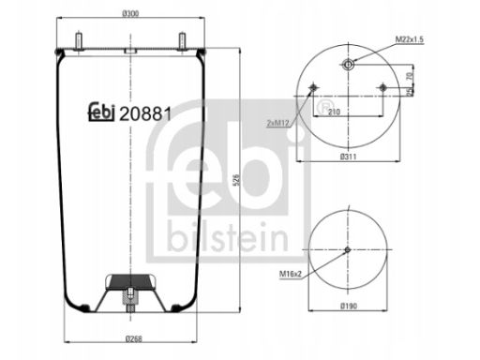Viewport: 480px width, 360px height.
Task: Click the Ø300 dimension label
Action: [130, 13]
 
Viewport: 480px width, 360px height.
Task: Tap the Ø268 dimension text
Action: [133, 338]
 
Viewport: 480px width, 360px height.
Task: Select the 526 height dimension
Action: [237, 180]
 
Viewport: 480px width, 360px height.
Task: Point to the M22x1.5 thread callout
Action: [410, 39]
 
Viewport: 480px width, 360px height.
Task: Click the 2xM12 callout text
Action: [278, 123]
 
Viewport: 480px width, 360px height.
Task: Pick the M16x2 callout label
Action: [291, 274]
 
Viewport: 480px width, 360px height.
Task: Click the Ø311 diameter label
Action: [348, 157]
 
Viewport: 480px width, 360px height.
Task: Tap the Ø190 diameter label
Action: [349, 306]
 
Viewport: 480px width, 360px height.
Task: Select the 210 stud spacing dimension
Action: [334, 112]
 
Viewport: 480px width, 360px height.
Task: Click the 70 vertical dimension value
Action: [411, 76]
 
